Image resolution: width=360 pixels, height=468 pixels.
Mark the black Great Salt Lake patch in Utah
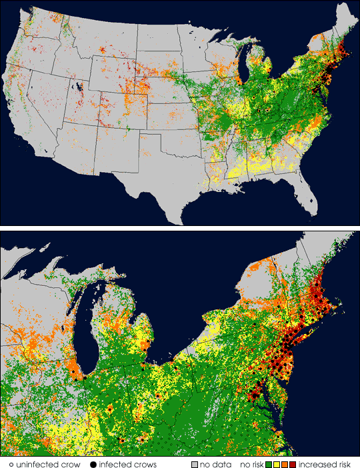tap(79, 87)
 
